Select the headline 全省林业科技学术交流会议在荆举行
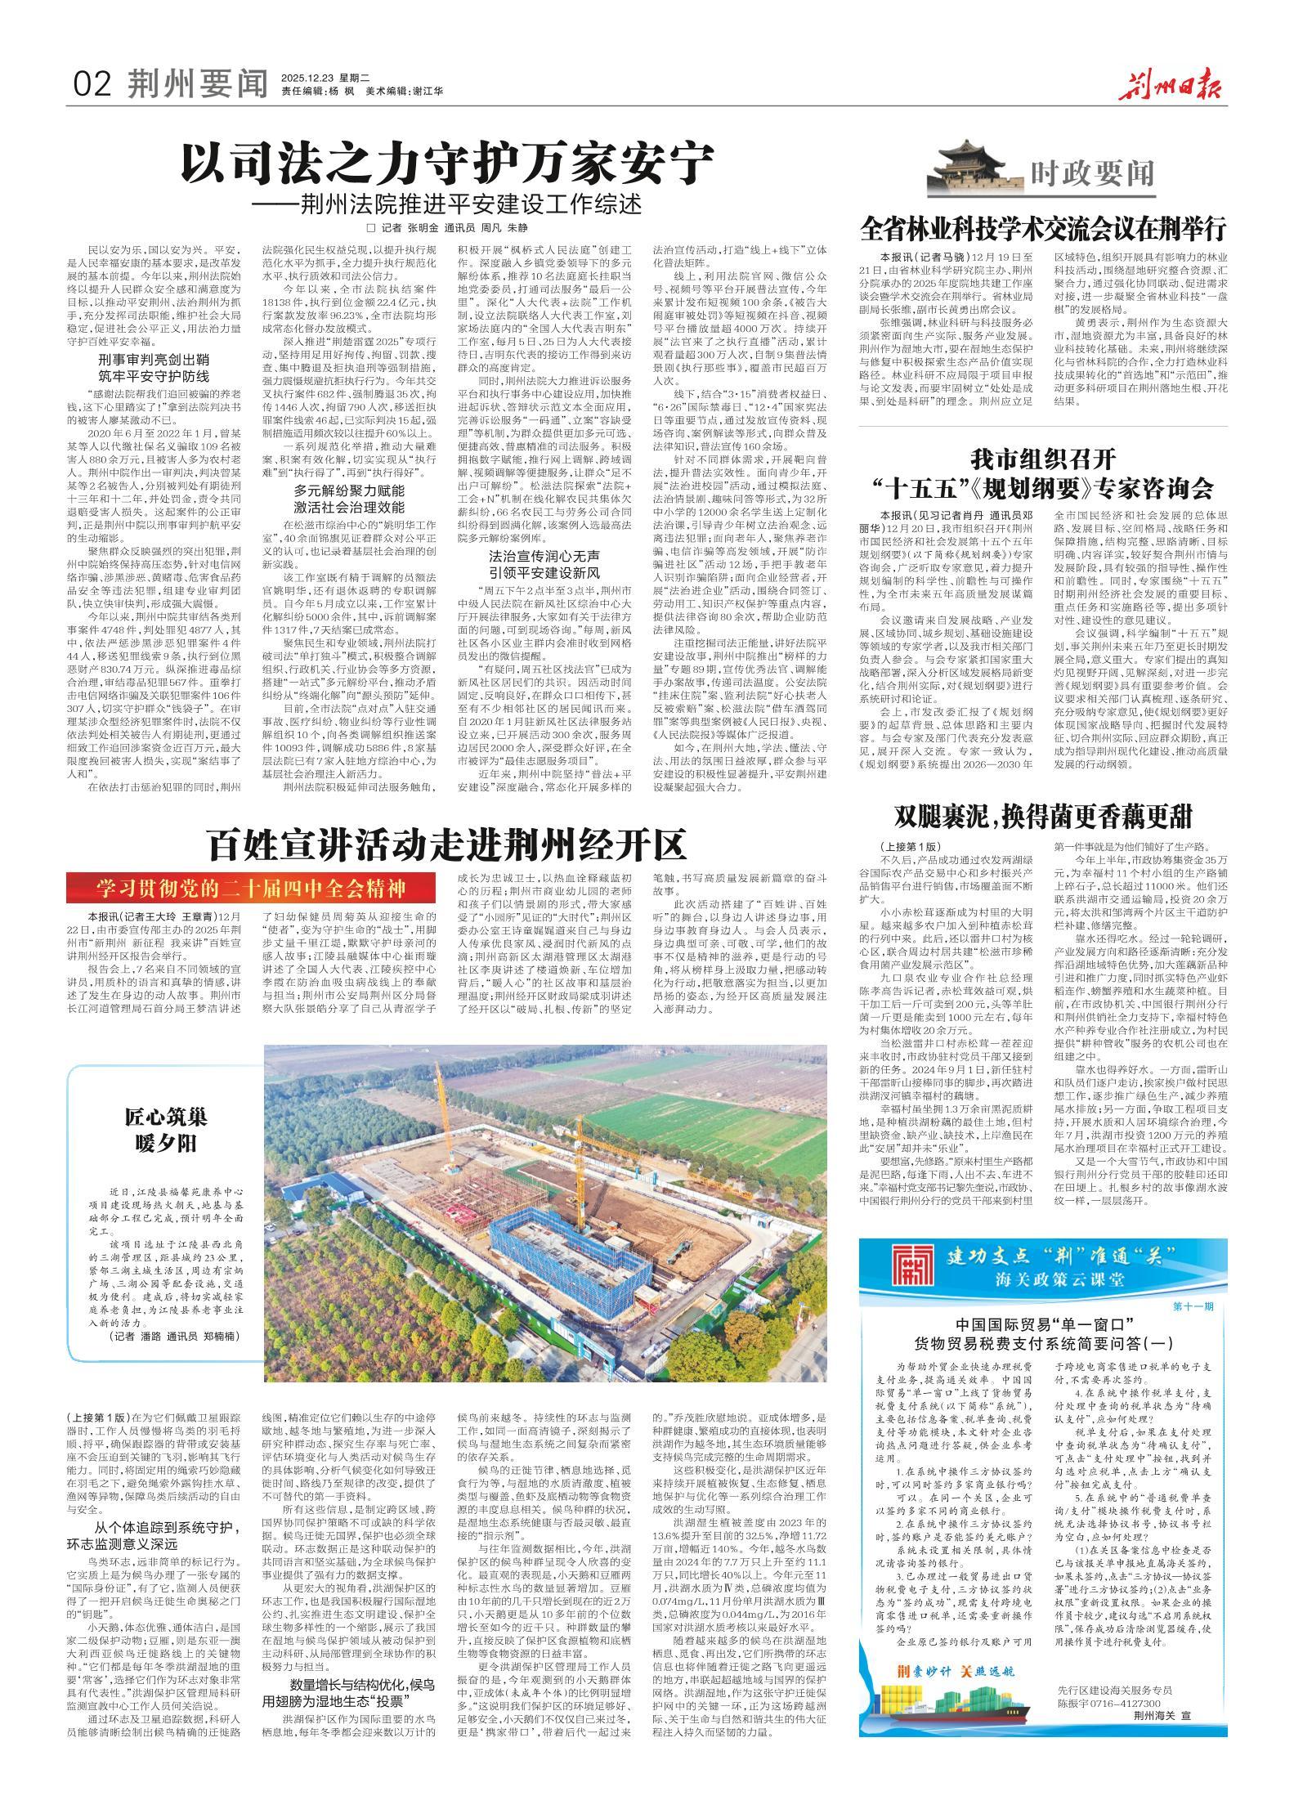pos(1043,226)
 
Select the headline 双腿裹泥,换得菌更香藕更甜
pos(1043,817)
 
